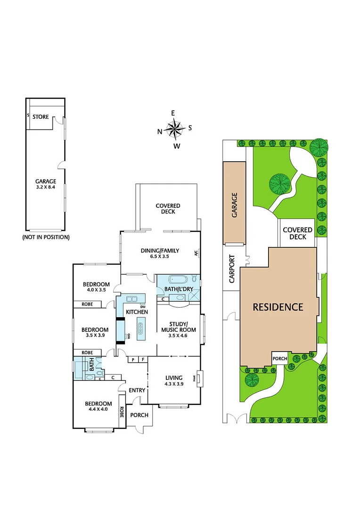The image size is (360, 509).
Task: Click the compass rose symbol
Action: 175,128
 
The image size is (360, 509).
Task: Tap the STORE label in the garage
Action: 41,116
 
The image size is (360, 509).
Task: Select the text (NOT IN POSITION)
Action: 46,237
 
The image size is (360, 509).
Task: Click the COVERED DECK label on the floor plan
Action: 168,209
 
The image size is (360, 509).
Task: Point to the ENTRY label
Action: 137,390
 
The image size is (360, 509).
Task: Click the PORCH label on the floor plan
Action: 139,415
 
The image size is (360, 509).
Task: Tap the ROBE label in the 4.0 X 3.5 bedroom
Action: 87,304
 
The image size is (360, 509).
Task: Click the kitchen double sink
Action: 132,298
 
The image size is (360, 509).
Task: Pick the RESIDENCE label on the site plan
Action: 278,307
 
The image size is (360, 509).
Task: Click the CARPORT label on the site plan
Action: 231,269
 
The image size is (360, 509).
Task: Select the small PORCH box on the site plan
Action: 280,359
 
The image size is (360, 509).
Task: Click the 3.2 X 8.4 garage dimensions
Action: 46,187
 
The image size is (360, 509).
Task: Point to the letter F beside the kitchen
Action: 143,360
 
